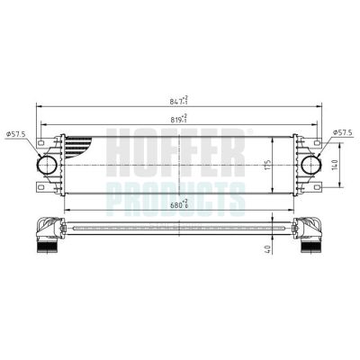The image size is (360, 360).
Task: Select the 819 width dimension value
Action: pyautogui.click(x=181, y=117)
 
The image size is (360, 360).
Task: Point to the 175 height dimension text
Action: pyautogui.click(x=267, y=165)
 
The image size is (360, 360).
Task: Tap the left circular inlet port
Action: pyautogui.click(x=46, y=166)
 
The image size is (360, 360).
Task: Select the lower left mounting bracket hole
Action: pyautogui.click(x=40, y=188)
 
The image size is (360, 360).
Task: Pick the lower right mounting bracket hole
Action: pyautogui.click(x=320, y=188)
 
